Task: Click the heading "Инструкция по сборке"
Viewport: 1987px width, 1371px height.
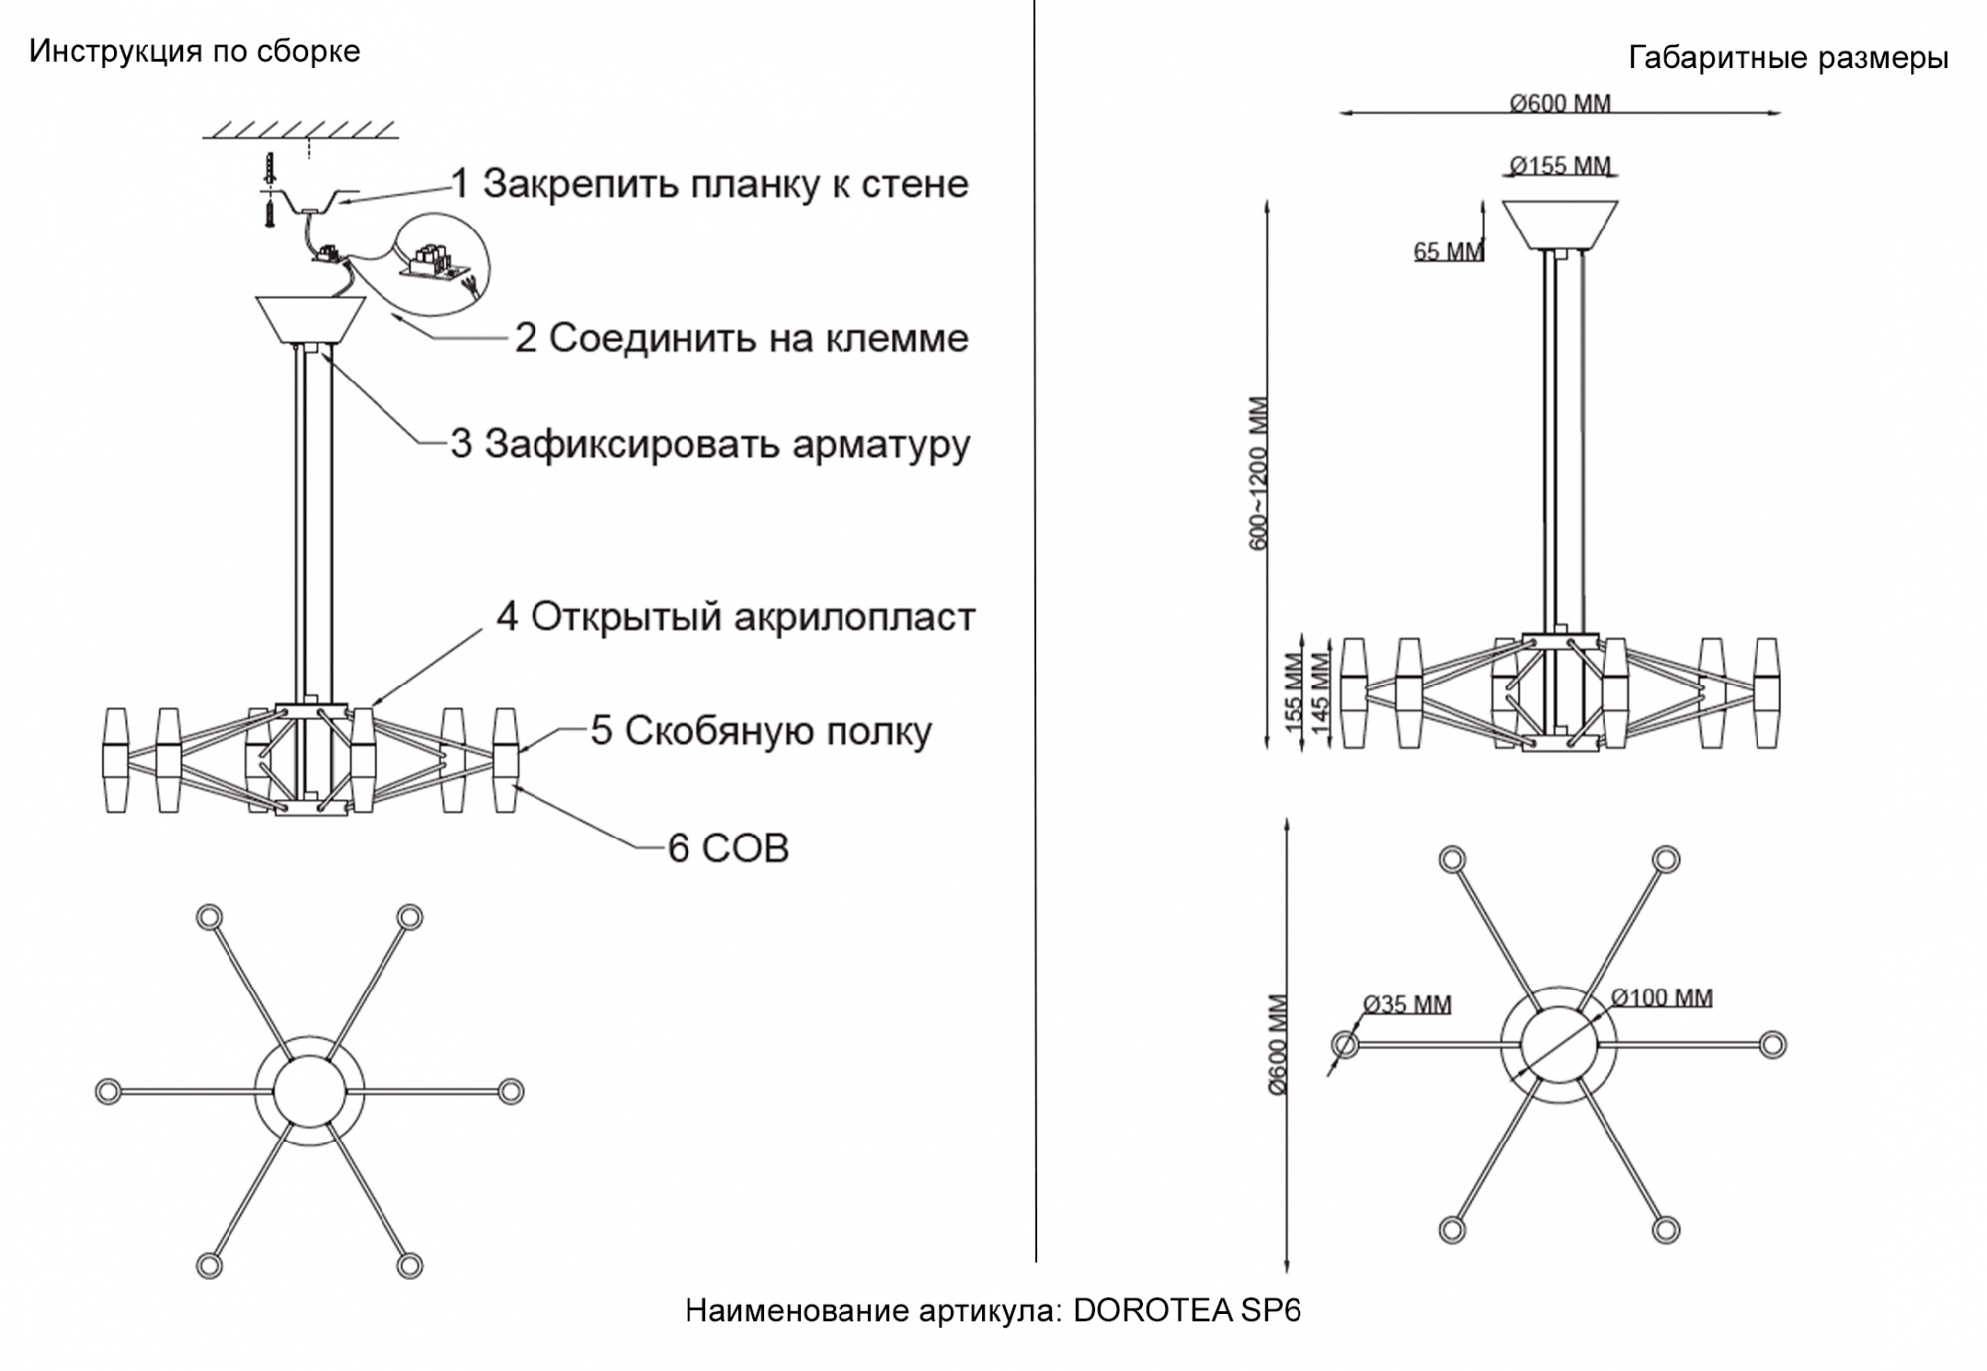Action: coord(194,51)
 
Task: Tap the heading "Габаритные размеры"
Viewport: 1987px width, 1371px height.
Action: coord(1788,58)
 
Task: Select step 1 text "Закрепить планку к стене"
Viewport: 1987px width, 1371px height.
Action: coord(724,184)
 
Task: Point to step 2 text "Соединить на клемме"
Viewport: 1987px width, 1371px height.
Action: coord(757,338)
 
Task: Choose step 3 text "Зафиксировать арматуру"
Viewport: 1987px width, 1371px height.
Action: coord(725,444)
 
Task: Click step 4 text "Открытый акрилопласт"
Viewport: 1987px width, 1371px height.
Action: coord(752,617)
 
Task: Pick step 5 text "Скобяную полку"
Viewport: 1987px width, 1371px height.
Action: coord(777,731)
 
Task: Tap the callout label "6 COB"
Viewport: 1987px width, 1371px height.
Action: coord(728,848)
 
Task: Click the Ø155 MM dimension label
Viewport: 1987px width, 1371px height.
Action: coord(1560,165)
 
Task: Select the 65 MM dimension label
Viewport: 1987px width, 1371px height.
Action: coord(1448,251)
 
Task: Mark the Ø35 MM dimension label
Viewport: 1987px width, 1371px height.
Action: coord(1407,1004)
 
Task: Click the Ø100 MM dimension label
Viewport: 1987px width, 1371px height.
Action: coord(1661,997)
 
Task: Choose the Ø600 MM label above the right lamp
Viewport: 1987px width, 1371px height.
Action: coord(1560,103)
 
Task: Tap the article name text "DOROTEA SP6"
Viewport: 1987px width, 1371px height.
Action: coord(1187,1311)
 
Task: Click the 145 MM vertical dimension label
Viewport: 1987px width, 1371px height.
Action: coord(1320,692)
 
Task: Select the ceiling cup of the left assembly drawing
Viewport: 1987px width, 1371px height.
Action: coord(310,318)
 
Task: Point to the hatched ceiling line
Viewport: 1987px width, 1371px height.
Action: coord(301,130)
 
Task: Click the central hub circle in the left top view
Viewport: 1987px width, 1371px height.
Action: coord(308,1091)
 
